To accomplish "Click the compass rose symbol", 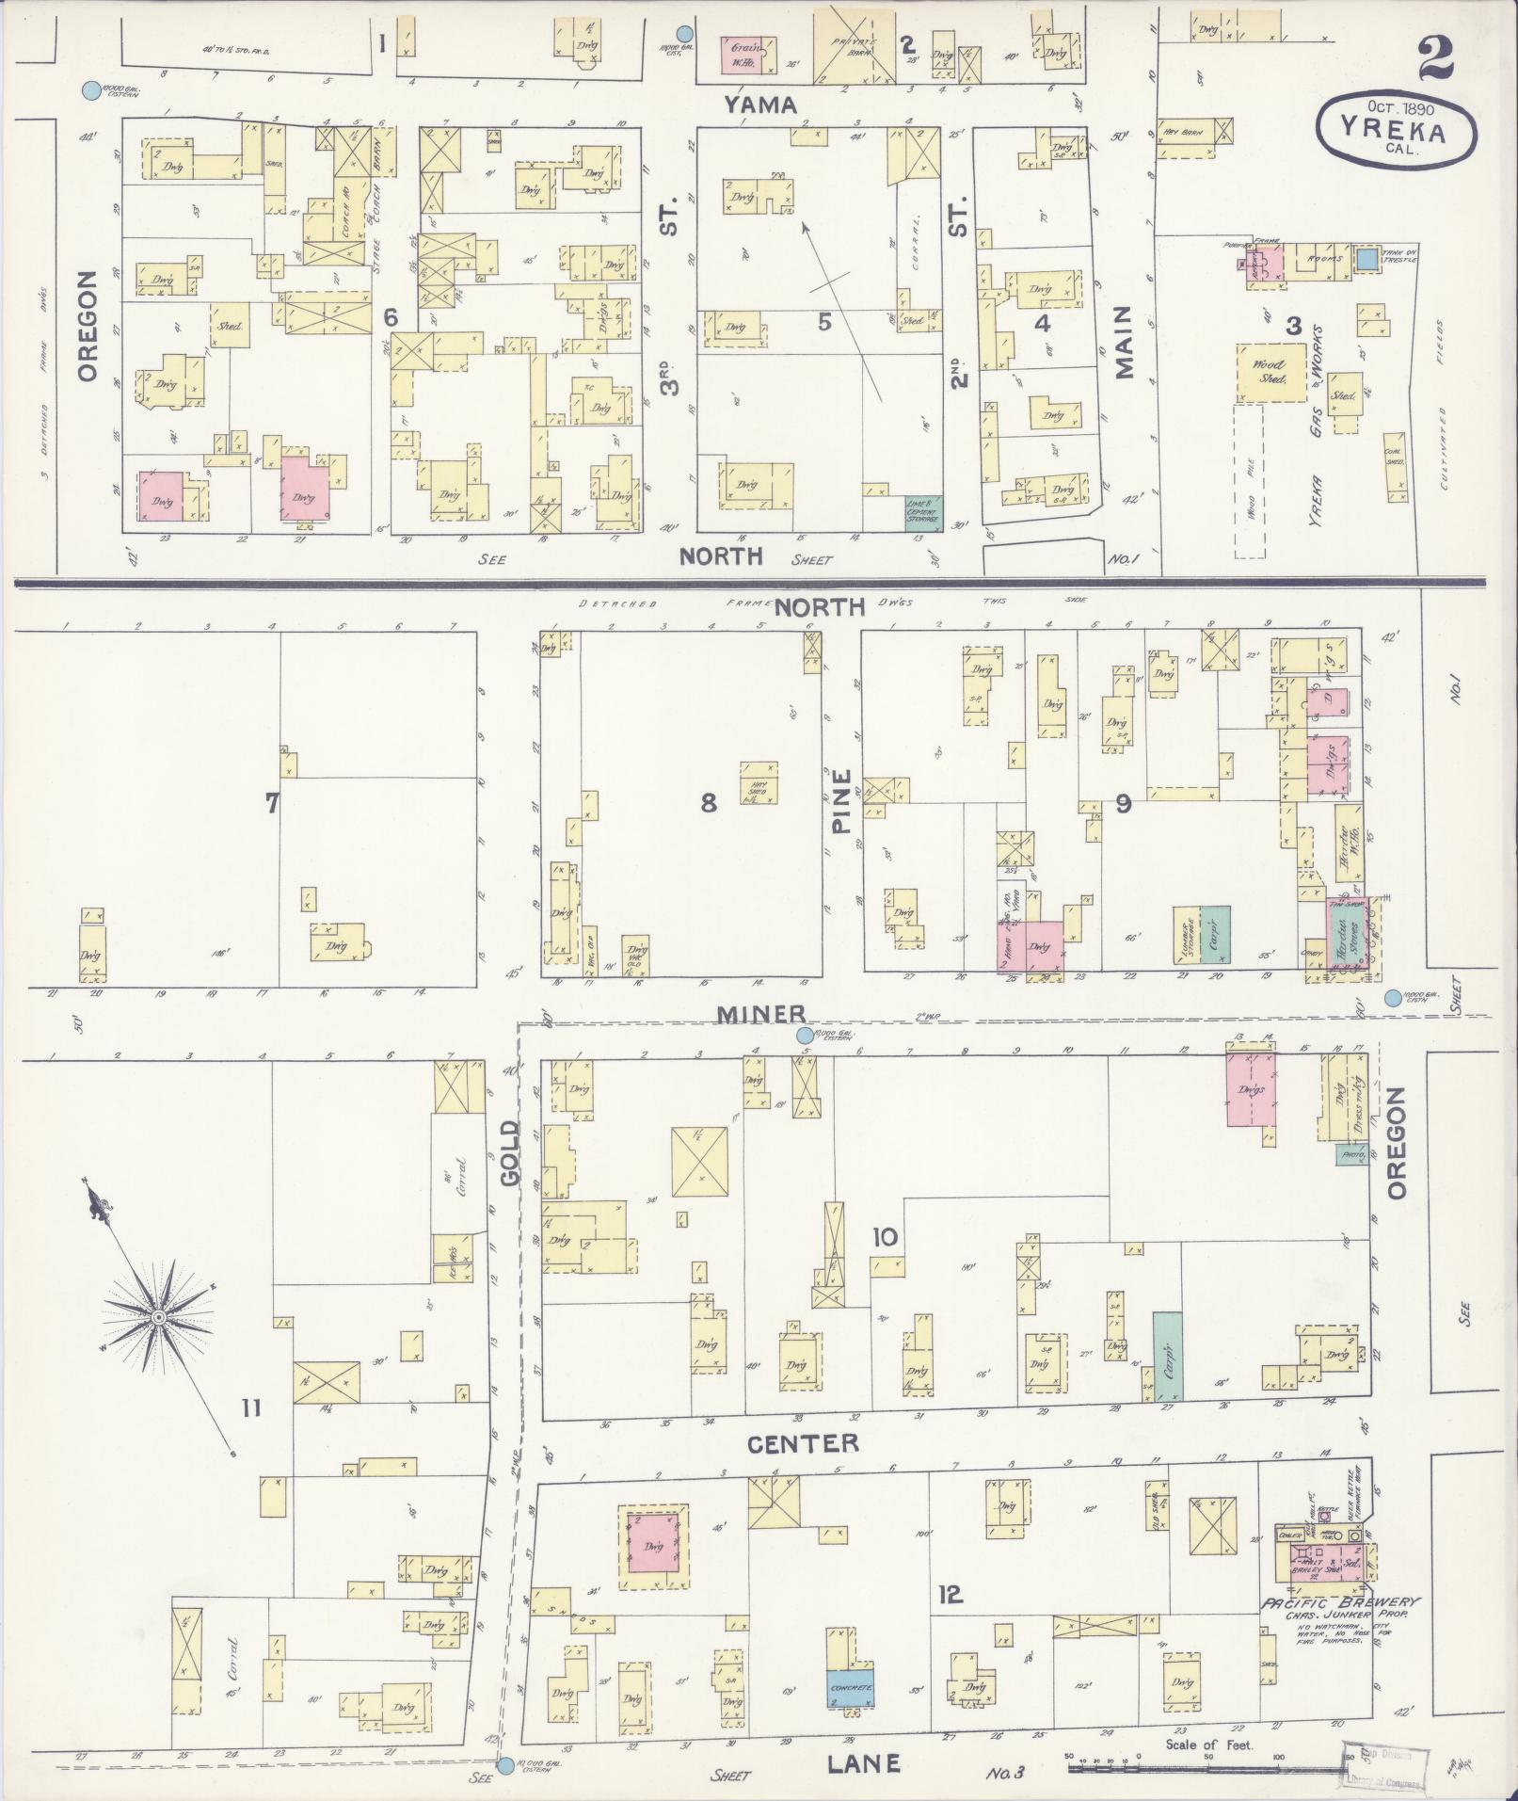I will click(x=159, y=1314).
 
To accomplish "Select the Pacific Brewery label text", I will click(x=1340, y=1603).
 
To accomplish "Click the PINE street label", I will click(x=840, y=802).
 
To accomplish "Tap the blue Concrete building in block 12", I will click(x=851, y=1688).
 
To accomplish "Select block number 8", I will click(x=709, y=802).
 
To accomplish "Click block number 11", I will click(x=250, y=1408).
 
